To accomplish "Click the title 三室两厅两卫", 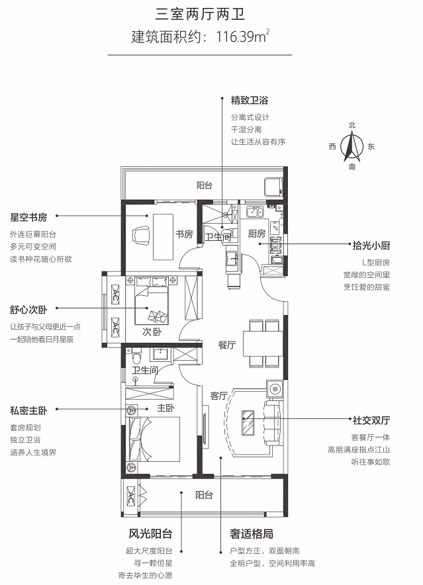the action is coord(200,15).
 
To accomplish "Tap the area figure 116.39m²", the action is coord(243,36).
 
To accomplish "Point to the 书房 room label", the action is coord(185,234).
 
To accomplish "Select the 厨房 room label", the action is coord(257,234).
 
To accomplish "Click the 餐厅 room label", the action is coord(227,345).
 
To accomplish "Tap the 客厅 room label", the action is coord(218,396).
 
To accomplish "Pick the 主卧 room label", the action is coord(165,408).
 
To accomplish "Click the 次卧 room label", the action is coord(152,332).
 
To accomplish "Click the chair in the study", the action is coord(141,236).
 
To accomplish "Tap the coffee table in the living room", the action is coord(248,423).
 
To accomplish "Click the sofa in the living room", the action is coord(272,422).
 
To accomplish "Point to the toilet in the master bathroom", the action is coord(136,356).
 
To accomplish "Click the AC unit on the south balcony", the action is coord(131,496).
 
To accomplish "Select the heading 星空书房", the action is coord(28,217).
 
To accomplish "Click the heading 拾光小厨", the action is coord(371,245).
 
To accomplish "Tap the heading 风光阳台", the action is coord(151,533).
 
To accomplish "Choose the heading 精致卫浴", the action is coord(250,100).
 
